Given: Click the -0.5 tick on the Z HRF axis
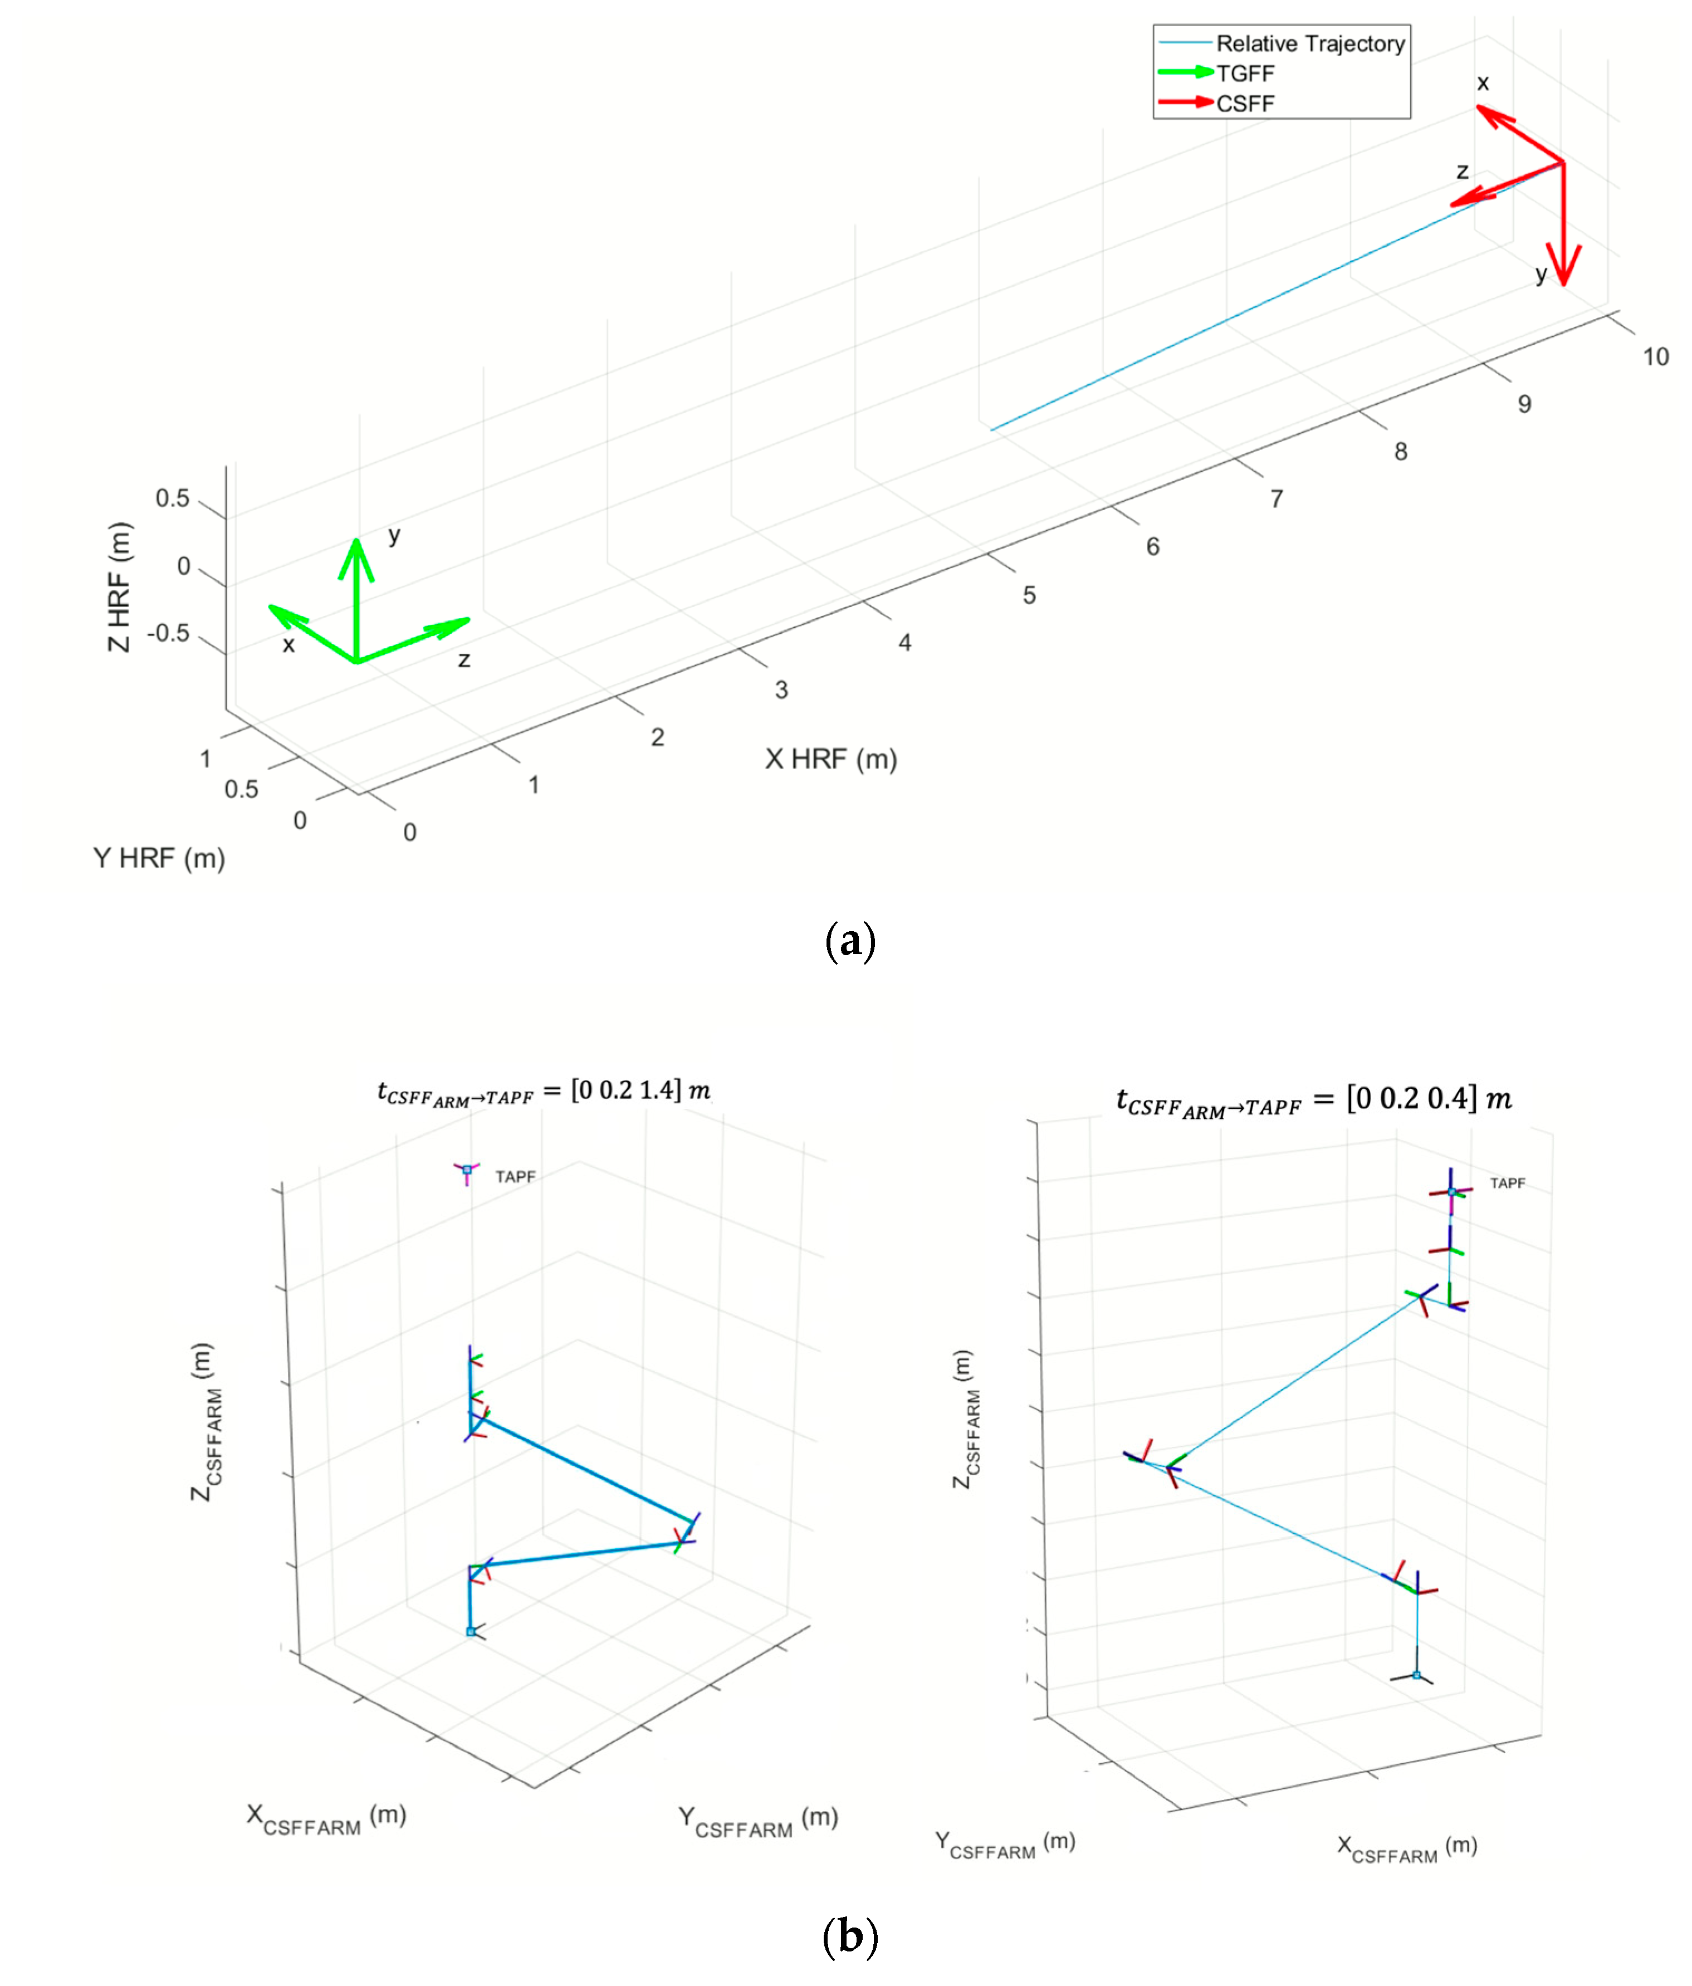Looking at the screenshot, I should (168, 634).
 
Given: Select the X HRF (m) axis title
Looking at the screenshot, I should (830, 759).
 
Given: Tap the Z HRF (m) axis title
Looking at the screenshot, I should (118, 586).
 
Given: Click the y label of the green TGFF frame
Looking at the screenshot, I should (394, 535).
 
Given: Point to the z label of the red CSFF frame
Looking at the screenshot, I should (1462, 172).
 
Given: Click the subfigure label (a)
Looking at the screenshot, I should (849, 942).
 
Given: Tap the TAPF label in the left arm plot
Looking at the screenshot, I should (515, 1176).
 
